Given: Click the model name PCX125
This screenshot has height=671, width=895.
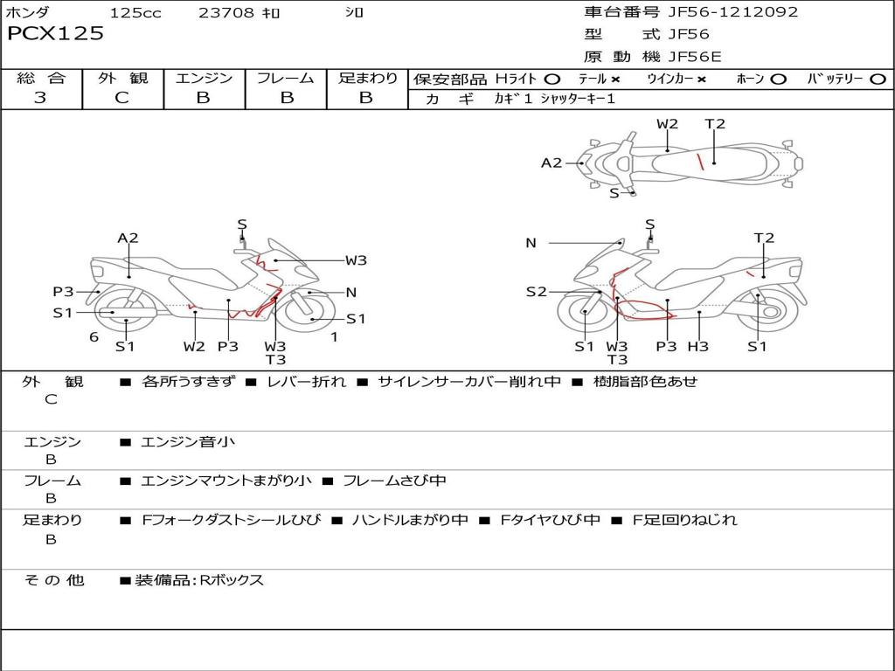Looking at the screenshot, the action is coord(55,33).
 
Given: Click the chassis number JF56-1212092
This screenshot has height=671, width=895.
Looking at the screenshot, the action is coord(733,12).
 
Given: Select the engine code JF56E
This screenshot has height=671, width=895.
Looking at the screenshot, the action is coord(695,57).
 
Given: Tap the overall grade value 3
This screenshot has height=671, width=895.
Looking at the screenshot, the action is coord(40,98).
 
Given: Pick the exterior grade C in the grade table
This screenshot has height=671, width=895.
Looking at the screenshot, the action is coord(121,98).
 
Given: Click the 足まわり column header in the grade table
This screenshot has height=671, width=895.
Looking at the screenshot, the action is coord(367,78).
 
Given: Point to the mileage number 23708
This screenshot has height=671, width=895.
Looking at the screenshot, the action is coord(225,12).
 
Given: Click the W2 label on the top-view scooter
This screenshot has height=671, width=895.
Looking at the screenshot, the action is coord(667,124).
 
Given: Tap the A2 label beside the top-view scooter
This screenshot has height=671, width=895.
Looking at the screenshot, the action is coord(552,163).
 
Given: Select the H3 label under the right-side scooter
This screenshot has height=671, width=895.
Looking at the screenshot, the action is coord(697,346).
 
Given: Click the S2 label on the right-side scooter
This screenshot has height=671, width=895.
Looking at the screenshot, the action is coord(536,292).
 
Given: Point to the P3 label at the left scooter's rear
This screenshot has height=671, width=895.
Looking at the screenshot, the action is coord(63,292).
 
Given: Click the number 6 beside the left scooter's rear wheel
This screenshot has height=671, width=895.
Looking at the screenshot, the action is coord(94,337).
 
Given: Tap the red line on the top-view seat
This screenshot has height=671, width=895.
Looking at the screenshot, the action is coord(698,162).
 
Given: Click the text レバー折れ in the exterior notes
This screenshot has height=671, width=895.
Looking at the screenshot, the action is coord(307,381).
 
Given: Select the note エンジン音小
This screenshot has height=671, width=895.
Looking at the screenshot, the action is coord(188,441).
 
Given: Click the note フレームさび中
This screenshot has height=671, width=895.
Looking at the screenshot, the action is coord(394,481).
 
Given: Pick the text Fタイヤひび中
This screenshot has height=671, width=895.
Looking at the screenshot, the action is coord(551,520).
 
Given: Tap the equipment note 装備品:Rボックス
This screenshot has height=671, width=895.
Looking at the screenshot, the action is coord(199,580).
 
